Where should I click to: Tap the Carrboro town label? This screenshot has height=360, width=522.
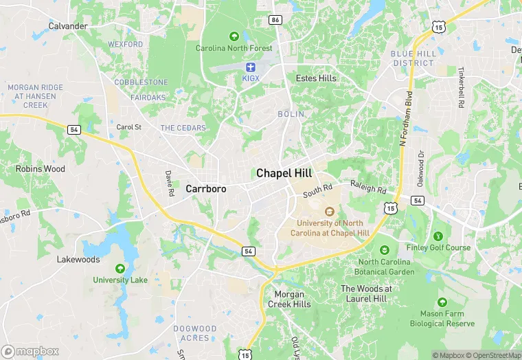[206, 188]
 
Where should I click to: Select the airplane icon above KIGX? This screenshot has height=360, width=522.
[250, 67]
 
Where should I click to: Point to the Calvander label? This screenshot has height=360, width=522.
[68, 26]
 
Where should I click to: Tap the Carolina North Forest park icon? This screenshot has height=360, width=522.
[234, 36]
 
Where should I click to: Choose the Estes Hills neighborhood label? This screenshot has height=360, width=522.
[316, 78]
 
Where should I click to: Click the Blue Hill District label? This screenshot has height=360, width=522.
[413, 58]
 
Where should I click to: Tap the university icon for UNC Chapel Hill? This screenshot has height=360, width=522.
[329, 212]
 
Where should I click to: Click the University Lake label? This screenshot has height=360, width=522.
[120, 280]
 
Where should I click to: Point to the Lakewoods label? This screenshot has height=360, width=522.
[78, 260]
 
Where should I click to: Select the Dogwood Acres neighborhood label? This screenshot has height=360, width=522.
[191, 333]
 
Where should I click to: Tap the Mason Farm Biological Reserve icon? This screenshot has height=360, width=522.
[442, 302]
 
